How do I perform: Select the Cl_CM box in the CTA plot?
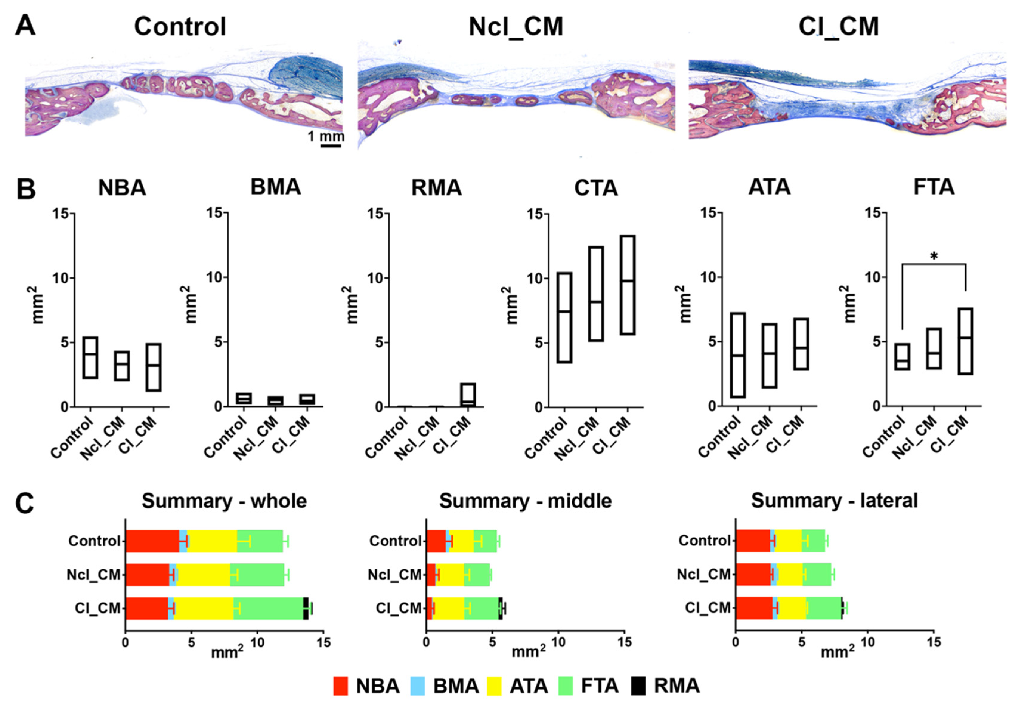[628, 285]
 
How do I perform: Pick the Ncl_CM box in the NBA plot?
[122, 365]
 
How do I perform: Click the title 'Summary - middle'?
[525, 501]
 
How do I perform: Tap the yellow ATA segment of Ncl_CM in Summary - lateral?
[789, 575]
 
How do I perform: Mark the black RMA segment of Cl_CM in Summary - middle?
[501, 608]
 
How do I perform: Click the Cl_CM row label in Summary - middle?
[399, 608]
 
